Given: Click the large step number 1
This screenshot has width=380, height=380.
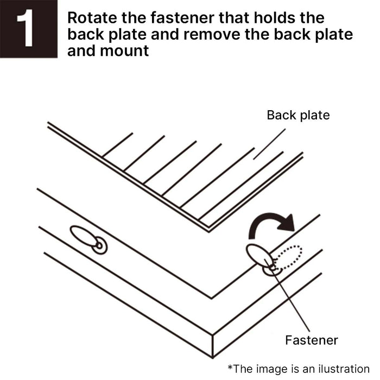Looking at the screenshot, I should pyautogui.click(x=28, y=29).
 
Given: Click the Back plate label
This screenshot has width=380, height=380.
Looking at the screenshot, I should pyautogui.click(x=298, y=115).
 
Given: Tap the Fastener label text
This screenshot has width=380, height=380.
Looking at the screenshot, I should pyautogui.click(x=312, y=340).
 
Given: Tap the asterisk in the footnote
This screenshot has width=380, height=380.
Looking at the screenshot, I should pyautogui.click(x=231, y=368).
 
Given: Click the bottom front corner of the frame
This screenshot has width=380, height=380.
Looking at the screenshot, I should pyautogui.click(x=212, y=347).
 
